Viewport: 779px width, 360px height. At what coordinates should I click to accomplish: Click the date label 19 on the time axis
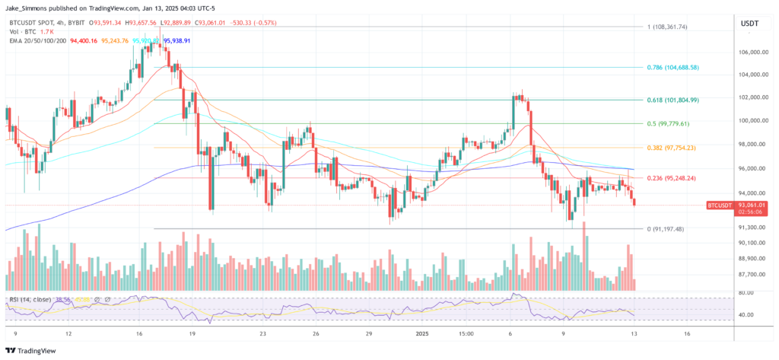[x=194, y=333]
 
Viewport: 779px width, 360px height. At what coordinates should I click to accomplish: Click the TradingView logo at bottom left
[x=33, y=351]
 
